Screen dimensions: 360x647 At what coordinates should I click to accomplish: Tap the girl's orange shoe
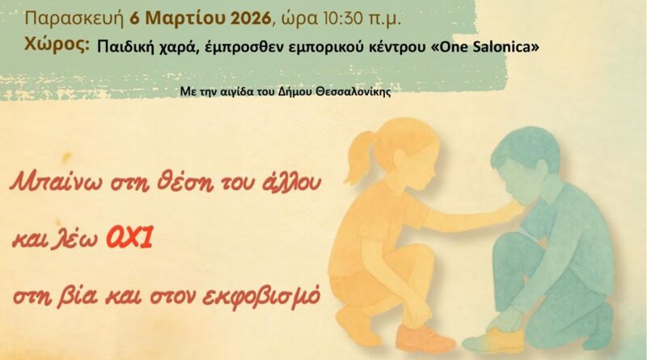point(428,337)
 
